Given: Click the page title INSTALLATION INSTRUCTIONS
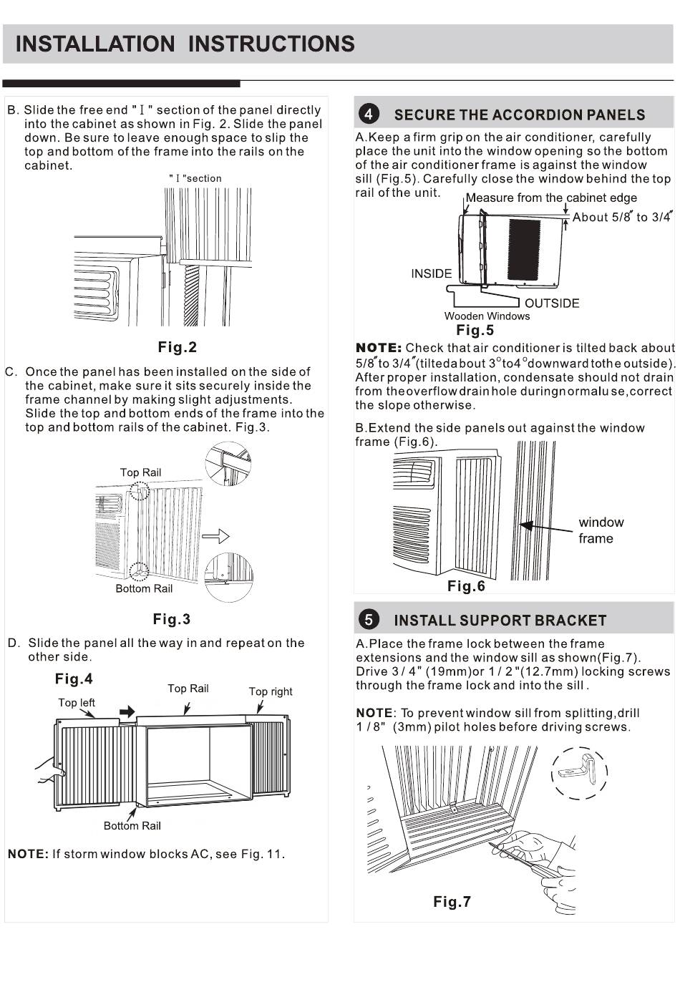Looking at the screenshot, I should point(185,44).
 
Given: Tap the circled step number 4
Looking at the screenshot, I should point(368,115).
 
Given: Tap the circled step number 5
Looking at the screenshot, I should point(368,620).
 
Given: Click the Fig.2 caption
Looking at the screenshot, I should point(177,348).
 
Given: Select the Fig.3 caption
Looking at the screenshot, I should point(172,619).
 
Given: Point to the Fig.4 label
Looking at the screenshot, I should point(74,679).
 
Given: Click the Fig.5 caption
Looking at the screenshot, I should point(475,331).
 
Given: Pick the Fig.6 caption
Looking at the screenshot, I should point(466,586).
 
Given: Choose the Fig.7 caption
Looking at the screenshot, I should point(452,902).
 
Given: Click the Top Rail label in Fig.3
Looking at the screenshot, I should point(140,472).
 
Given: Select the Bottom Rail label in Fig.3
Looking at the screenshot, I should point(144,588).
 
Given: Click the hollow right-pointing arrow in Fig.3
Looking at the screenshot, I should point(215,536).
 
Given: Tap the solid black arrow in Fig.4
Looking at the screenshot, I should point(127,711).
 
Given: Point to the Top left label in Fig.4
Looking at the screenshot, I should point(77,703).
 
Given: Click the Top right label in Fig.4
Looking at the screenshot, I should point(271,691).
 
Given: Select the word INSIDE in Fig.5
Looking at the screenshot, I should point(431,273).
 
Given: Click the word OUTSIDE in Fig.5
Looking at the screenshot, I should point(552,303).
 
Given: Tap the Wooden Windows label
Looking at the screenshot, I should point(487,316).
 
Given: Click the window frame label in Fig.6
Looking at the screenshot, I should point(601,530).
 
